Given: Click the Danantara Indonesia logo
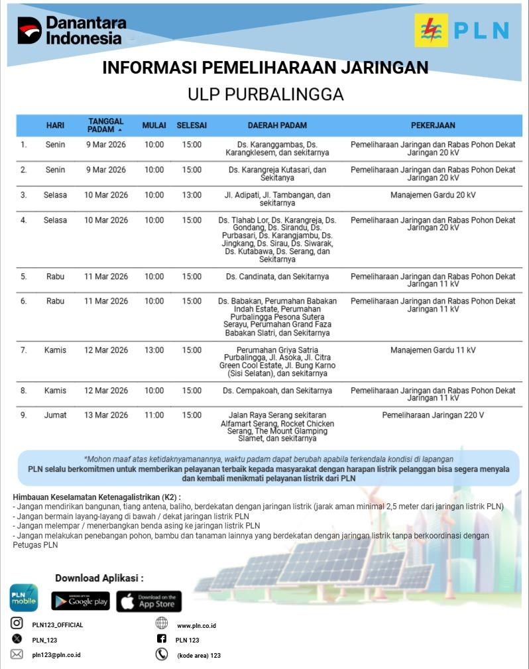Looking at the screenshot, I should (71, 30).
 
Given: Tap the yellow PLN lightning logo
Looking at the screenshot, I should (431, 30).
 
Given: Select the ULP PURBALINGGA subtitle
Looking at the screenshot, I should (265, 94).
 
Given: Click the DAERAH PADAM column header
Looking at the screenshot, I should (277, 125).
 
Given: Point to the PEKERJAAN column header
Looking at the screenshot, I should (433, 125).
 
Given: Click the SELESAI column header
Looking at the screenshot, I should (192, 125).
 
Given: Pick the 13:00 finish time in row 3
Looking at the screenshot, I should (192, 195).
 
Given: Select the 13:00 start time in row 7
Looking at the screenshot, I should (154, 350).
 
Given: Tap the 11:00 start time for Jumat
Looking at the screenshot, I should (154, 416).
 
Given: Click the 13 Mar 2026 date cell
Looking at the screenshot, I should (106, 416).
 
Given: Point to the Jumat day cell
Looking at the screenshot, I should (56, 416).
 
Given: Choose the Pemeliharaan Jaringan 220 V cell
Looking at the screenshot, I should (433, 416).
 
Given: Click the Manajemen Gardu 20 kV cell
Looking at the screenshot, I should (433, 195).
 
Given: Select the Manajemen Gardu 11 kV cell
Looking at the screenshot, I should (433, 350).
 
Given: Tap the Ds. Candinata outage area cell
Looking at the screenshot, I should (277, 276).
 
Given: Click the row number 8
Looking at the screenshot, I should (24, 391).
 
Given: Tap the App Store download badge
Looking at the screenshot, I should (149, 601).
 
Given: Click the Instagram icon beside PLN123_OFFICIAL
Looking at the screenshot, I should (17, 623).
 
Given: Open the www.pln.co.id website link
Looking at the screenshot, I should (196, 625).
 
